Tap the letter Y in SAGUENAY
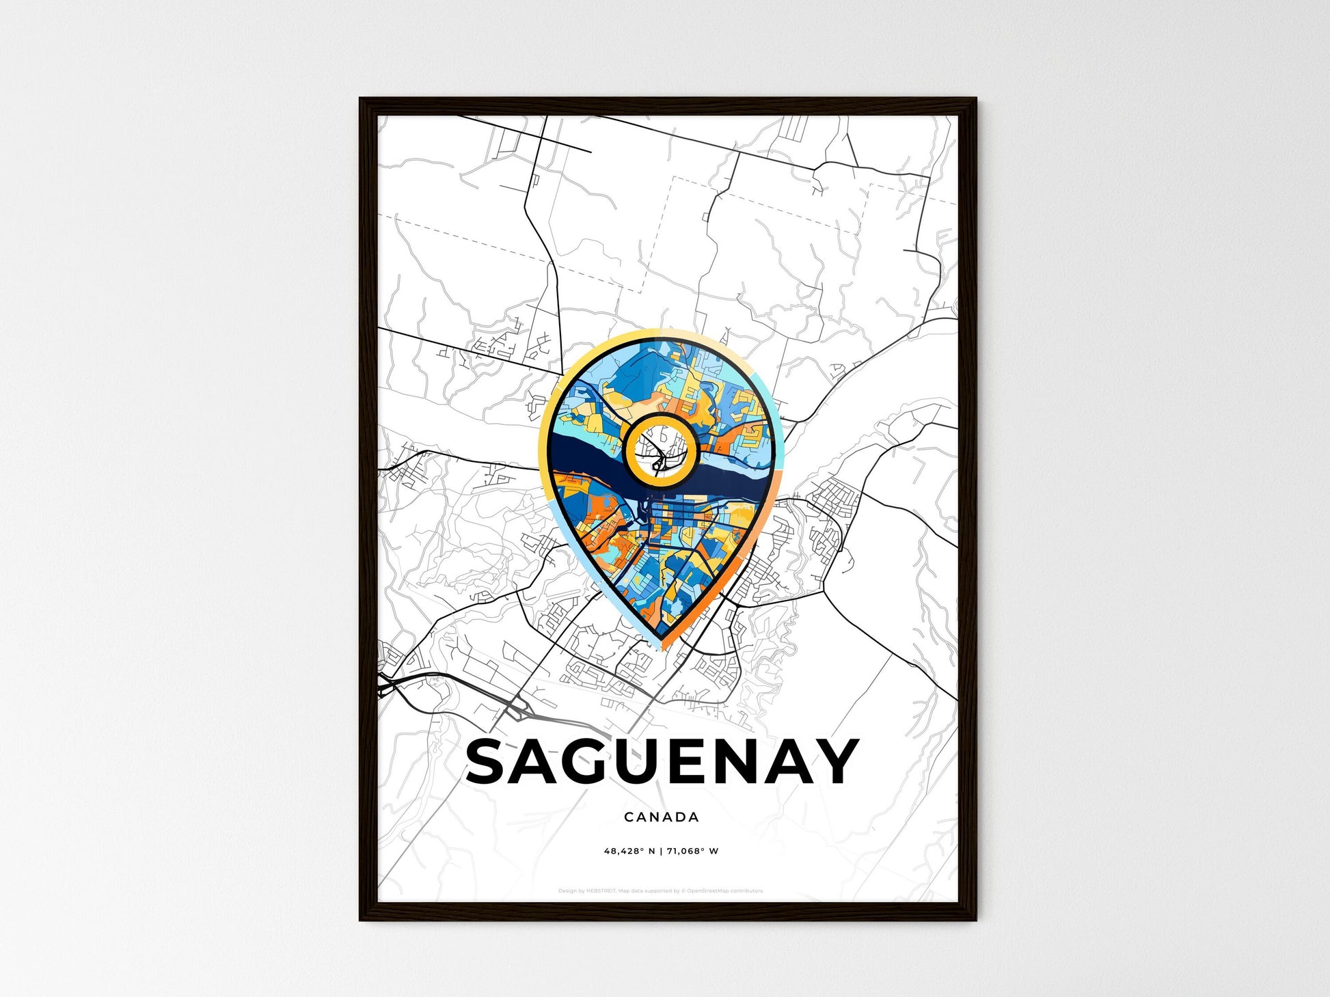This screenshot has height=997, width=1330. [x=835, y=761]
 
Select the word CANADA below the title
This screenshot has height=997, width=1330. [x=661, y=817]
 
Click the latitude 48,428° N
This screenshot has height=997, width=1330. [x=629, y=851]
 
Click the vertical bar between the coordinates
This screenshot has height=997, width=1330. [x=661, y=851]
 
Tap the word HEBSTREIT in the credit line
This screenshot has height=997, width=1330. [x=601, y=891]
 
